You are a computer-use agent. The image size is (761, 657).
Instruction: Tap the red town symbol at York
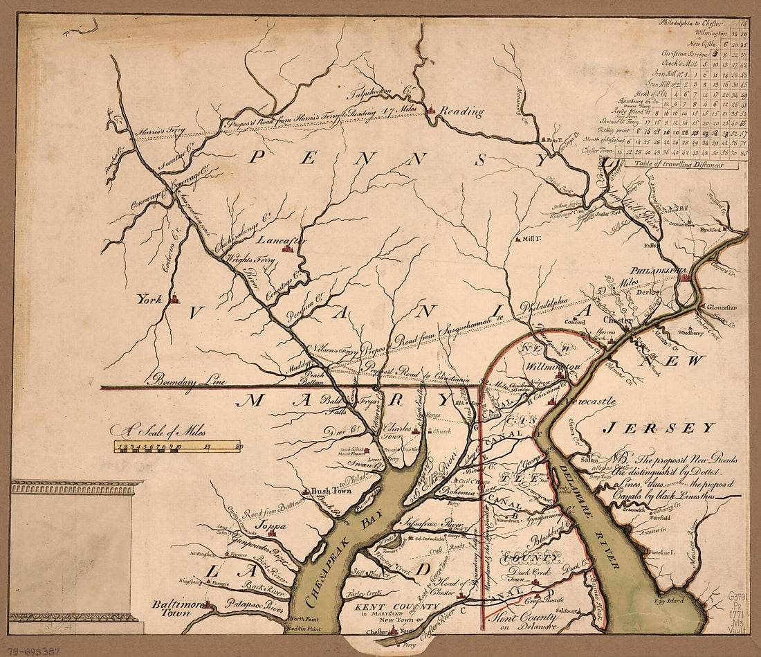174,299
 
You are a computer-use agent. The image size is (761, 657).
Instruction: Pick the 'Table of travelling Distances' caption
674,165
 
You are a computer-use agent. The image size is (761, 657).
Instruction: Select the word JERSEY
657,428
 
